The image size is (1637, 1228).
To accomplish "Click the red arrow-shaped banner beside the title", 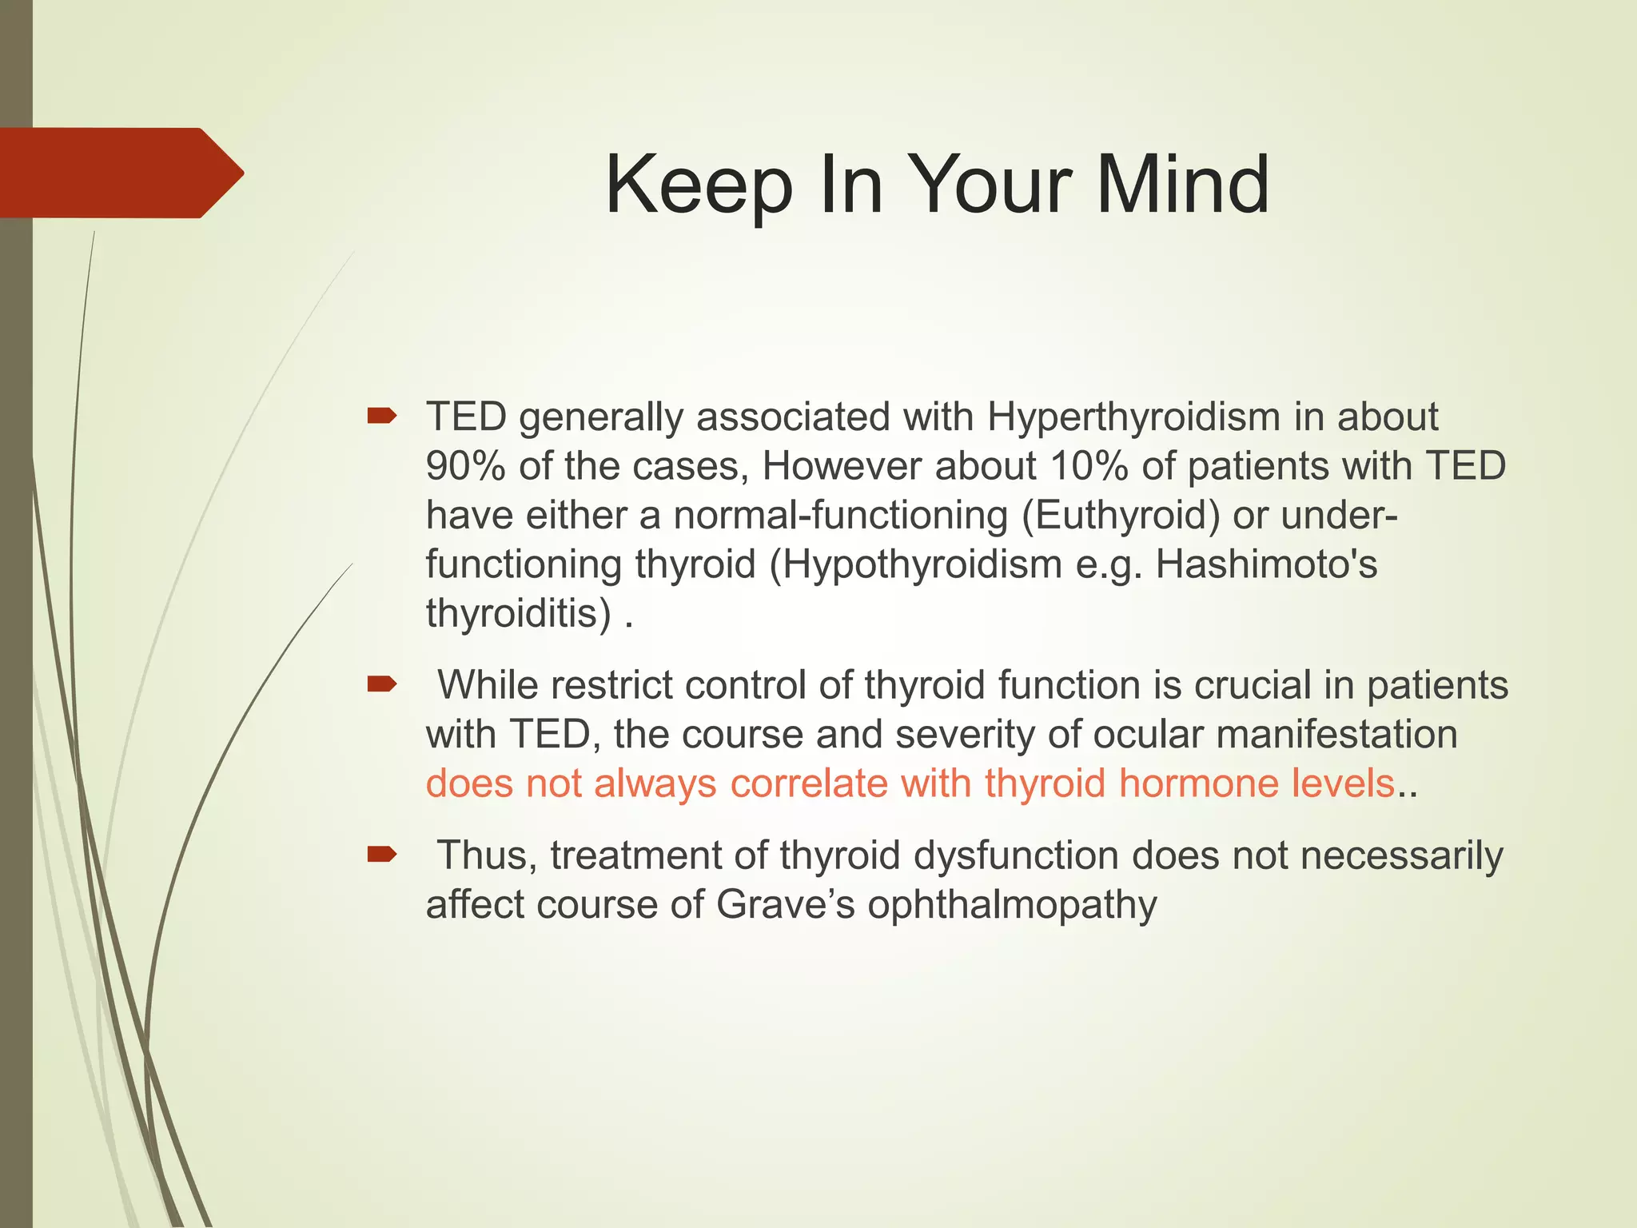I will click(120, 173).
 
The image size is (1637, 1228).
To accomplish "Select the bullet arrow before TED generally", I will click(381, 416).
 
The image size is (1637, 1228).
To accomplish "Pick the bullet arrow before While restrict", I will click(381, 684).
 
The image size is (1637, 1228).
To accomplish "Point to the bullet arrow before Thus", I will click(381, 855).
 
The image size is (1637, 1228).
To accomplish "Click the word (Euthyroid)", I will click(1121, 516).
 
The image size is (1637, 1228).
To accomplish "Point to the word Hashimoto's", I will click(1266, 564).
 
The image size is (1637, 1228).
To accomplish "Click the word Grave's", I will click(786, 905).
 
